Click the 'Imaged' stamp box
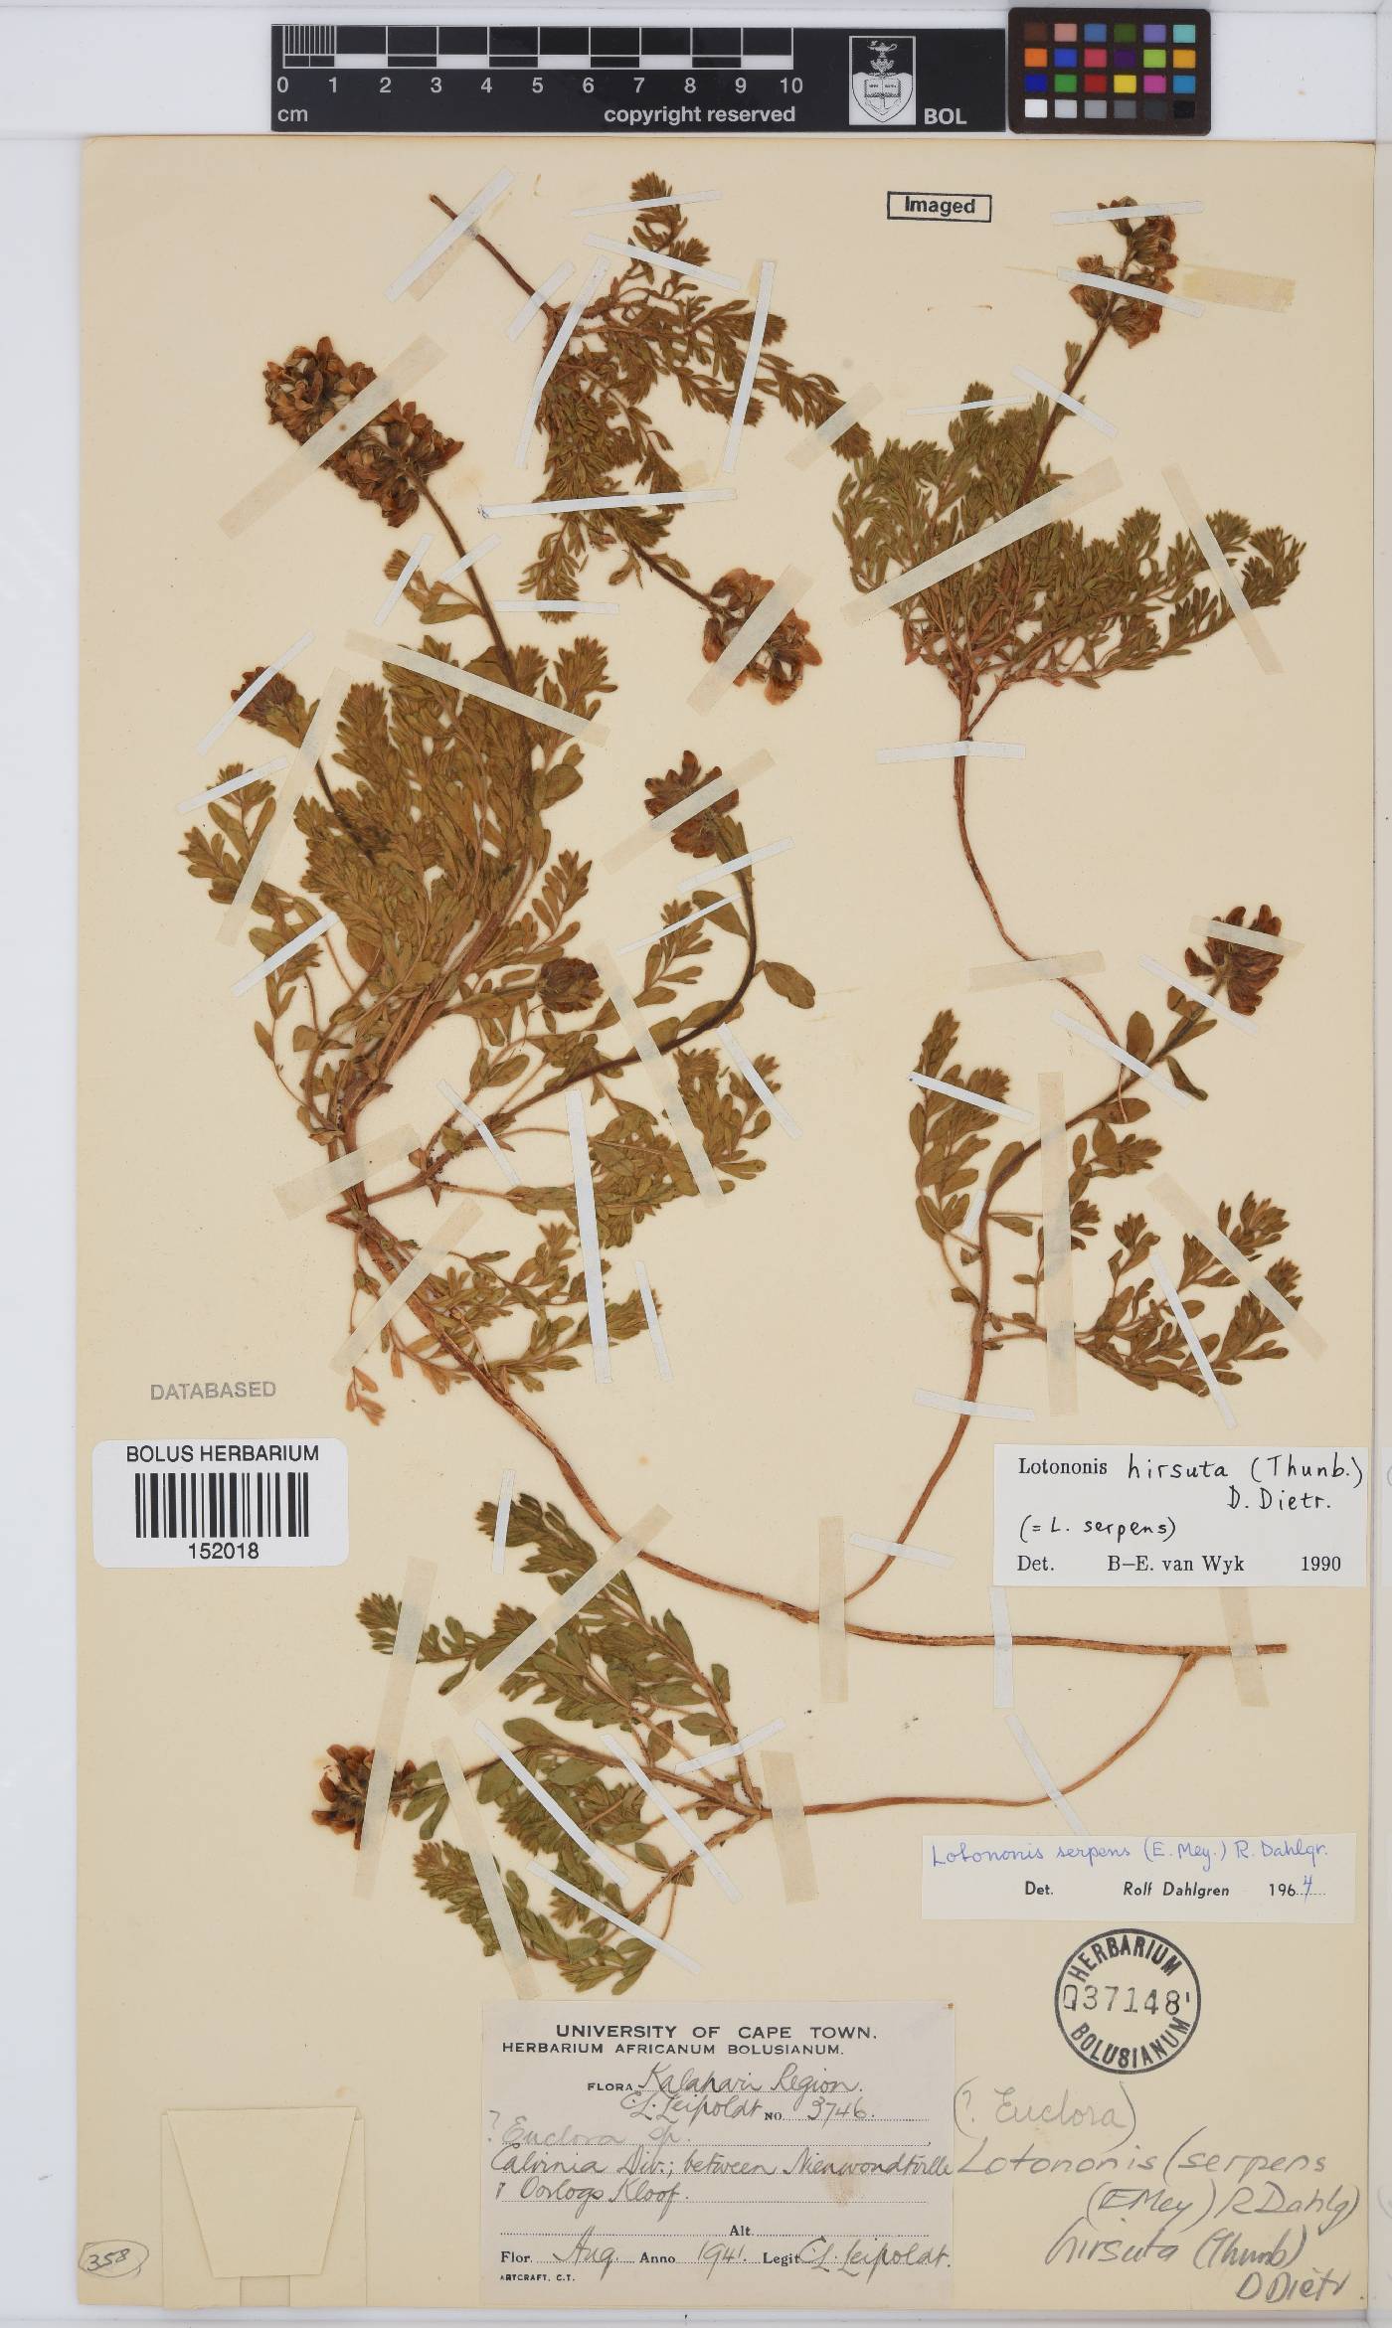coord(939,206)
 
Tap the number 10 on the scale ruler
coord(790,86)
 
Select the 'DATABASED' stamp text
coord(213,1391)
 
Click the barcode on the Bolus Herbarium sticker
coord(221,1503)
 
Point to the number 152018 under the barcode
coord(222,1550)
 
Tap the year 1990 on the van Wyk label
coord(1319,1564)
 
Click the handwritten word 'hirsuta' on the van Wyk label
coord(1177,1468)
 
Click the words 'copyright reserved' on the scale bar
coord(699,114)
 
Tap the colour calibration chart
coord(1109,70)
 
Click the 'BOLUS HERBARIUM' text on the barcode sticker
coord(222,1453)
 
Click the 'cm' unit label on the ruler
coord(292,114)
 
